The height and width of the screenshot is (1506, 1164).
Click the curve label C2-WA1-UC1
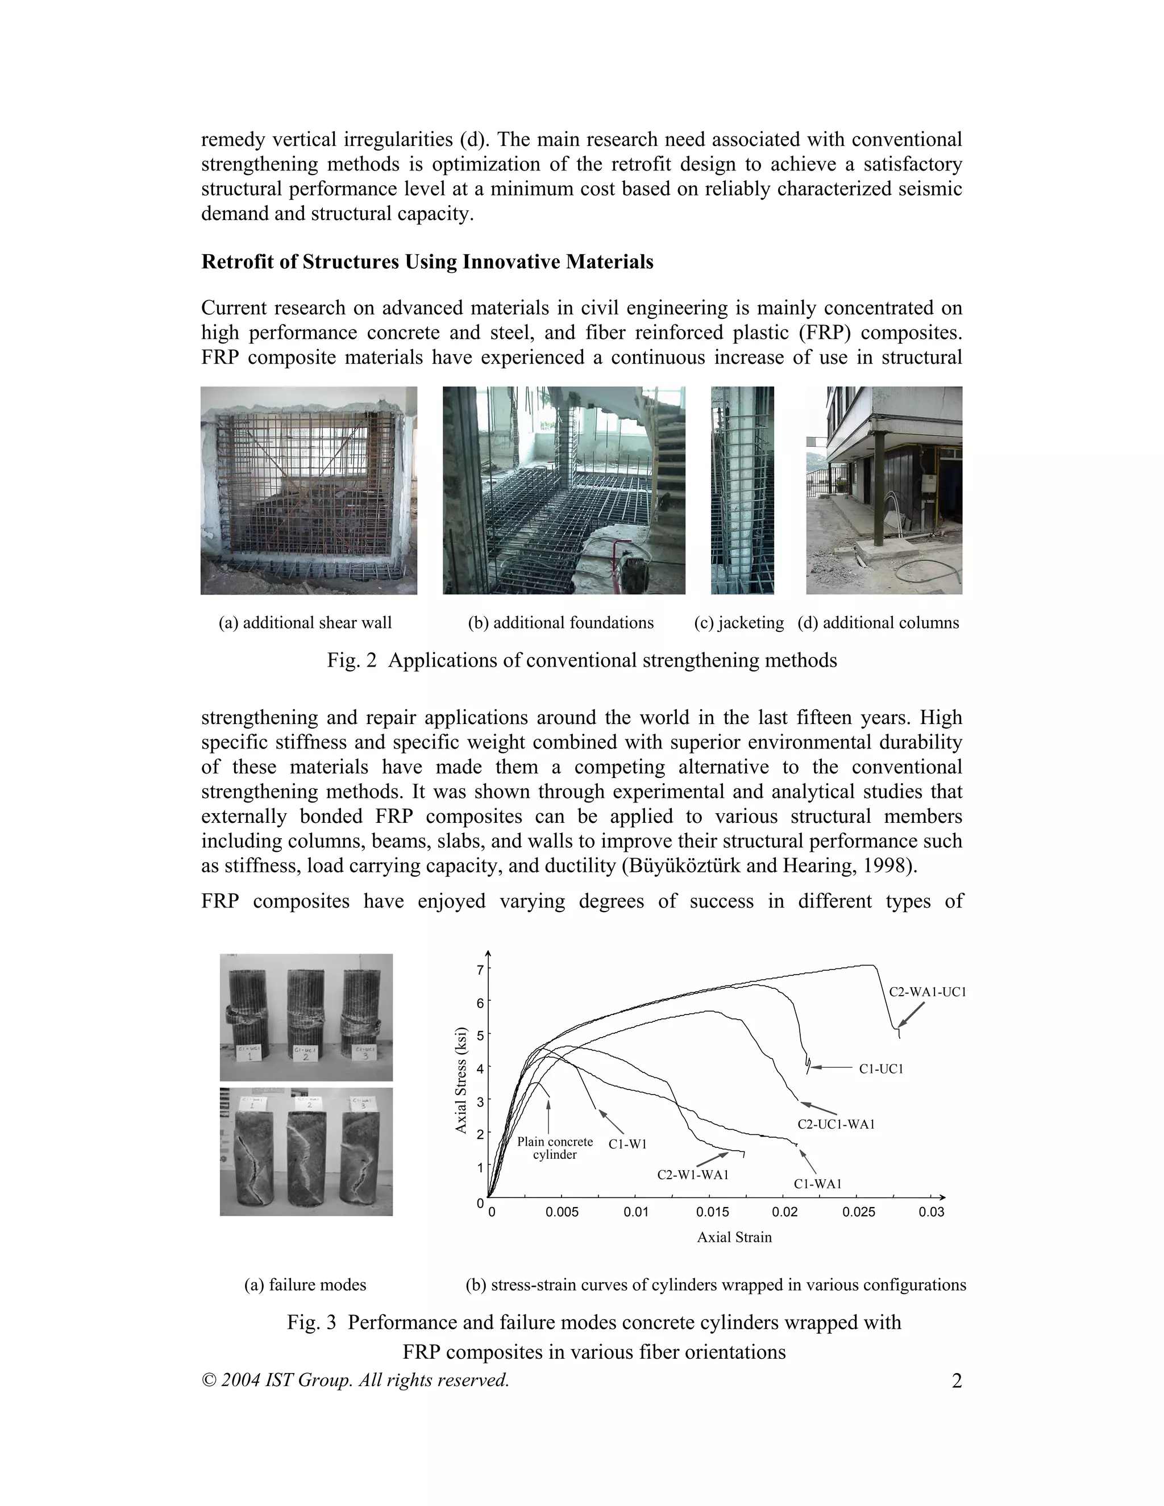[x=927, y=992]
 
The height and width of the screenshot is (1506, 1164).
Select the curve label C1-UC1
[x=880, y=1069]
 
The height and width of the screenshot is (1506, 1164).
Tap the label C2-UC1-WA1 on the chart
[x=835, y=1124]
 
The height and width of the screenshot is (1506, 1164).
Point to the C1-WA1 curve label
[x=817, y=1184]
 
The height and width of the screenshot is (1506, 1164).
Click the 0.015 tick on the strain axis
[x=712, y=1212]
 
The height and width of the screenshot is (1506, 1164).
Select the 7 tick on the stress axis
[x=480, y=970]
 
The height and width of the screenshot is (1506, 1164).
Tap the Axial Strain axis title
[x=734, y=1237]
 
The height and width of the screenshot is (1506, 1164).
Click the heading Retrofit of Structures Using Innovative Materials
[x=427, y=262]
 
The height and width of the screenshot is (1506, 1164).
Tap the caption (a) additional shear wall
[x=305, y=623]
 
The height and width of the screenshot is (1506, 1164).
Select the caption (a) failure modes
[x=305, y=1285]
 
